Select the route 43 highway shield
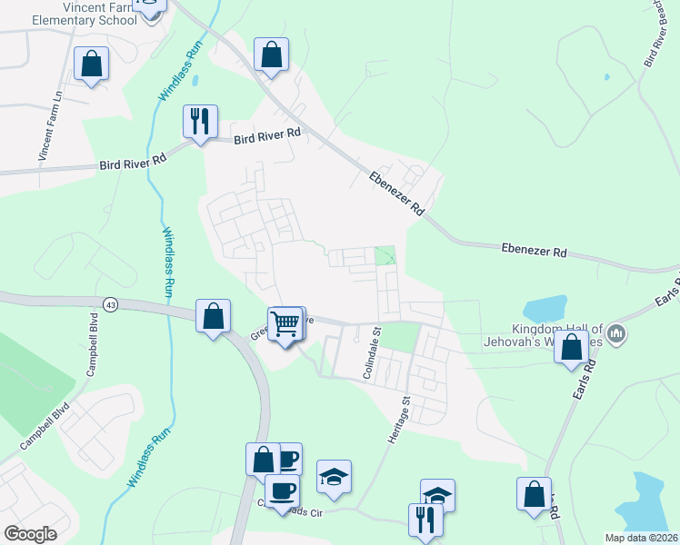(110, 302)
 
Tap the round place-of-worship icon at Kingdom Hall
(617, 334)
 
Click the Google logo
(31, 534)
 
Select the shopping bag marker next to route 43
(213, 316)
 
